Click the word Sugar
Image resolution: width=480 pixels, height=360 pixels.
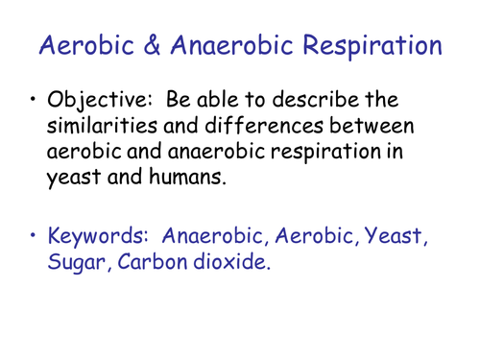[77, 261]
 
